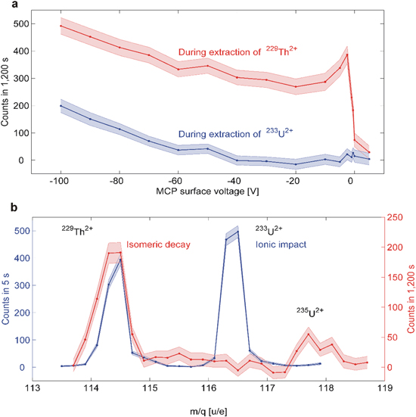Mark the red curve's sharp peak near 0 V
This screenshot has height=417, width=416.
(347, 54)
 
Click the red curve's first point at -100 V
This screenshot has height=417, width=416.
(61, 26)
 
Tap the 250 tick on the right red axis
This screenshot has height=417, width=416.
(388, 217)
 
